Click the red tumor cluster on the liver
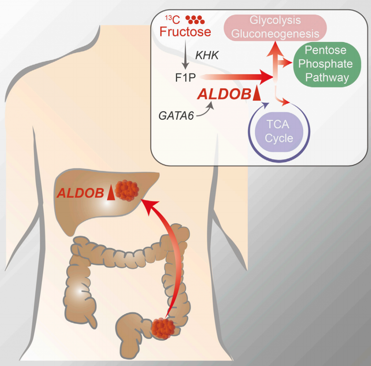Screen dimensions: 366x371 click(x=126, y=190)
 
